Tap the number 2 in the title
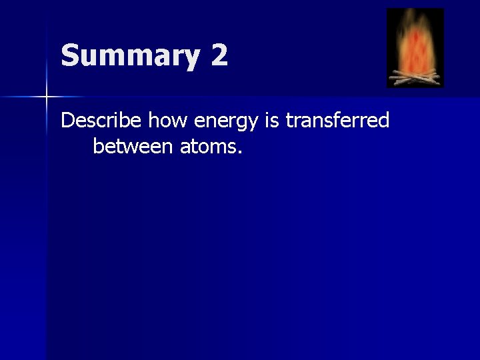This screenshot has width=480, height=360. tap(219, 55)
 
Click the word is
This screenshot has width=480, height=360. tap(273, 121)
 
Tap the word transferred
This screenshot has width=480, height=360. tap(337, 121)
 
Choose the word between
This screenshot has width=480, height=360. tap(133, 145)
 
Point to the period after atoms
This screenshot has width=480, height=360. tap(239, 151)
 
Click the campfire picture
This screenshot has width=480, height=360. tap(415, 48)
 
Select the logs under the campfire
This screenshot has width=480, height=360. tap(415, 78)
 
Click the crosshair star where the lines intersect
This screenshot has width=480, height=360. tap(47, 97)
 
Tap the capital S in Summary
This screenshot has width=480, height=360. tap(70, 55)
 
